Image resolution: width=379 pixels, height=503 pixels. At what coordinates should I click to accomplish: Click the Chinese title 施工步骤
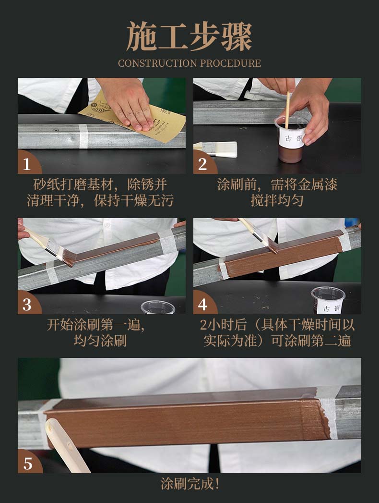tap(189, 37)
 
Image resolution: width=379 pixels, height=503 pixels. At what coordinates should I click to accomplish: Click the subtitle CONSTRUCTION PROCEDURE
tap(189, 63)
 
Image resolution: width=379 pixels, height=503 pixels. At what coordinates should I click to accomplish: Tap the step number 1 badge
tap(28, 163)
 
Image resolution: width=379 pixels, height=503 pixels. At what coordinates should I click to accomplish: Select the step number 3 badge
tap(28, 304)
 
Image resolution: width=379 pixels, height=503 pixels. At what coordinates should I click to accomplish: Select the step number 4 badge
tap(204, 304)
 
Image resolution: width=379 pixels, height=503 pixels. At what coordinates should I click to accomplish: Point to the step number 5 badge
tap(29, 463)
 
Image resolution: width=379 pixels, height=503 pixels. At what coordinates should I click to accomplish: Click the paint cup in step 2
tap(290, 139)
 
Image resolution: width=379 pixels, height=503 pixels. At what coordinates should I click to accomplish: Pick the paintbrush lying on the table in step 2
tap(215, 149)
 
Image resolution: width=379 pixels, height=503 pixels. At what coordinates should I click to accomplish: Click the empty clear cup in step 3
tap(158, 307)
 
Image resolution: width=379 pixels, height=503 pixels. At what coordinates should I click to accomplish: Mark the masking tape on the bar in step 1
tap(83, 136)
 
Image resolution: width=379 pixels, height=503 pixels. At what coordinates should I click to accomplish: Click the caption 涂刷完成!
tap(189, 484)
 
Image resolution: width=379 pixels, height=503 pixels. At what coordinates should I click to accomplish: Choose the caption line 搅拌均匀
tap(277, 200)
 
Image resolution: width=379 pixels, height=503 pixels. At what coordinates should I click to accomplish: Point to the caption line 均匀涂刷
tap(100, 341)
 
